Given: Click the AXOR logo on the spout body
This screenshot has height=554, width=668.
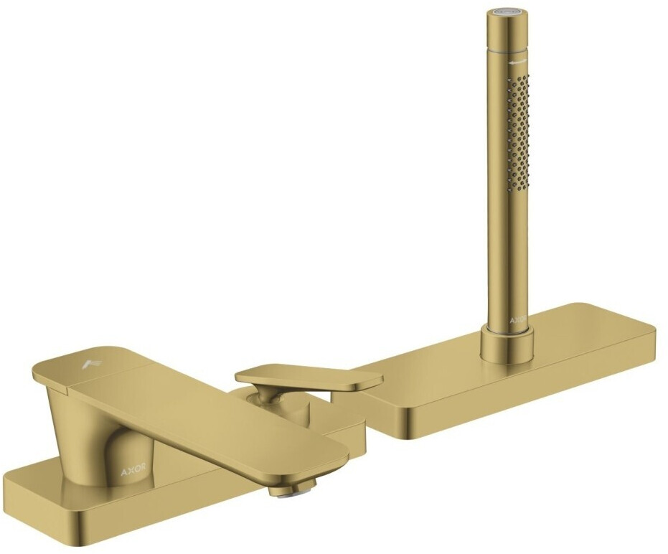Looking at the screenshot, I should (x=133, y=470).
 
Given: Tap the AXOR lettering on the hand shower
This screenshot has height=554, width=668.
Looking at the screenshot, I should (x=518, y=320).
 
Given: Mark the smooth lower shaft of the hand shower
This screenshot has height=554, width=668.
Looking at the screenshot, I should (x=507, y=258).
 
